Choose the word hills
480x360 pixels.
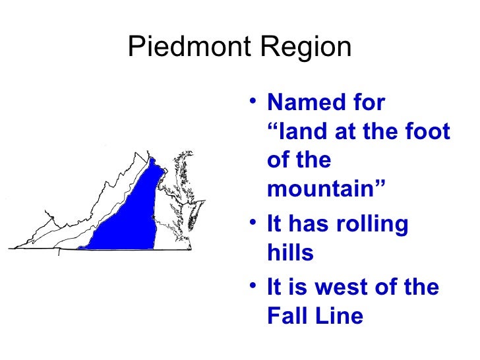coord(290,253)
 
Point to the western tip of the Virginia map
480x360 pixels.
coord(9,248)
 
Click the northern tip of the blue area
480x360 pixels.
coord(152,160)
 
